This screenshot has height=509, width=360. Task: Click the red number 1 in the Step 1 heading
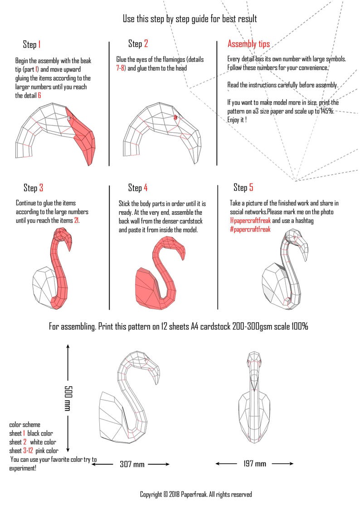tap(39, 44)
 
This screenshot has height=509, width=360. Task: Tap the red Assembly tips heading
tap(248, 44)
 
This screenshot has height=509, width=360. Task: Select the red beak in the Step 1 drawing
tap(84, 136)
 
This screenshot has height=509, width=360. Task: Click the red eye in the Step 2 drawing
tap(175, 117)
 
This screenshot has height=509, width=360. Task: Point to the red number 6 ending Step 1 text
tap(39, 96)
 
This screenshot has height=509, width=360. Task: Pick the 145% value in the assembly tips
tap(326, 111)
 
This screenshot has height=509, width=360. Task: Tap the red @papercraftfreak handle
tap(250, 221)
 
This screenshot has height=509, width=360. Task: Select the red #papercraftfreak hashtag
tap(250, 229)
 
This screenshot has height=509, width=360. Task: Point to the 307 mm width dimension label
tap(132, 464)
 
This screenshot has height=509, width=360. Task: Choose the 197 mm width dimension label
tap(254, 464)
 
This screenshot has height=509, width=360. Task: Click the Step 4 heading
tap(138, 188)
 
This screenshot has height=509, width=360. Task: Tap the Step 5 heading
tap(243, 188)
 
